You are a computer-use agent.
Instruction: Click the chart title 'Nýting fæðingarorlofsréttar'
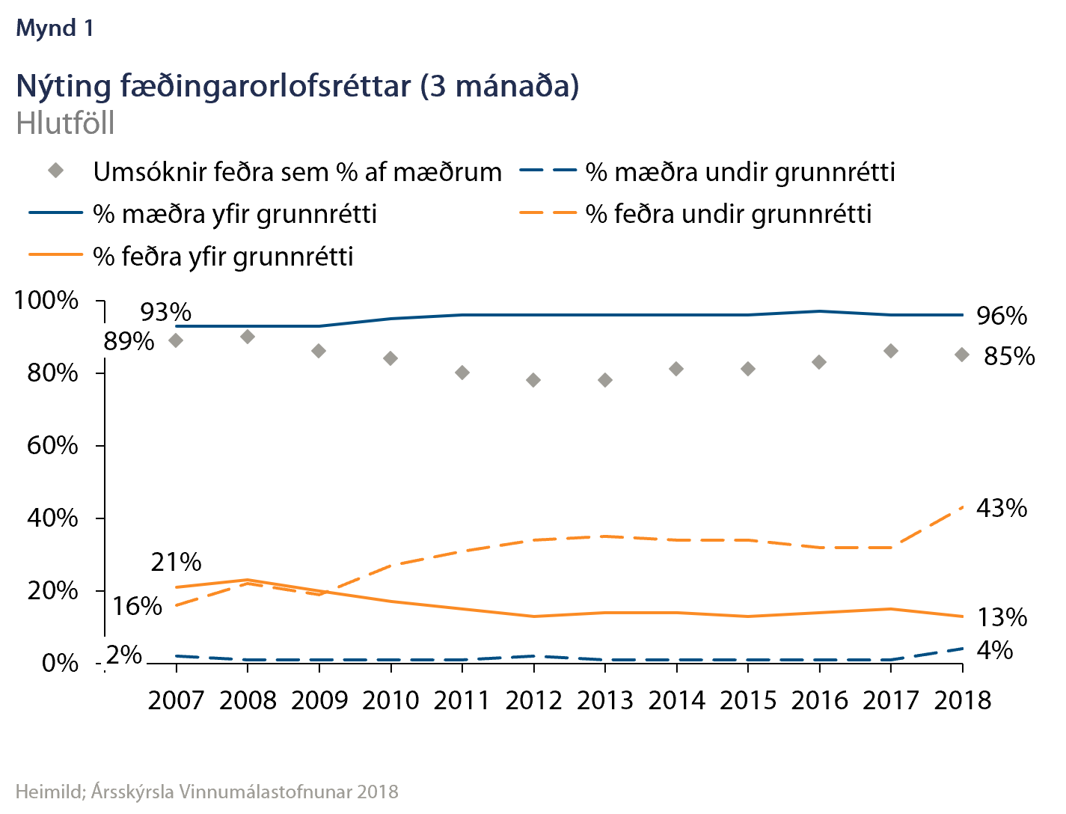coord(297,86)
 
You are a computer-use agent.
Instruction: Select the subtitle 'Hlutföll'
coord(65,123)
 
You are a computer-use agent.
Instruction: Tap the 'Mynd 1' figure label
coord(55,28)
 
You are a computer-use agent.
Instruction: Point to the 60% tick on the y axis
coord(52,445)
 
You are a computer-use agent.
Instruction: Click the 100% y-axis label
coord(46,301)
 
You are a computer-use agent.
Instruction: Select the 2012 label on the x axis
coord(533,700)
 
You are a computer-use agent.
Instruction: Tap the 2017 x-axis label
coord(891,700)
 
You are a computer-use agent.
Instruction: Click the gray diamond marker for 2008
coord(248,337)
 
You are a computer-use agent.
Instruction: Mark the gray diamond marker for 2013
coord(605,380)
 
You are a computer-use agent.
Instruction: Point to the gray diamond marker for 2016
coord(819,362)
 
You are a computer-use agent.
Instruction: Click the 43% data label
coord(1002,508)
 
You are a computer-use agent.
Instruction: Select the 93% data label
coord(166,312)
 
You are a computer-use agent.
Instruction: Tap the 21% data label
coord(176,562)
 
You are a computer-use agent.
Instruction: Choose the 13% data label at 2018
coord(1002,617)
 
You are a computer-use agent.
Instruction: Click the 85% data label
coord(1009,356)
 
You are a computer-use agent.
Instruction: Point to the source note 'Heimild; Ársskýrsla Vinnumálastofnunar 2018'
coord(207,792)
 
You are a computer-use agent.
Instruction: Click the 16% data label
coord(137,605)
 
